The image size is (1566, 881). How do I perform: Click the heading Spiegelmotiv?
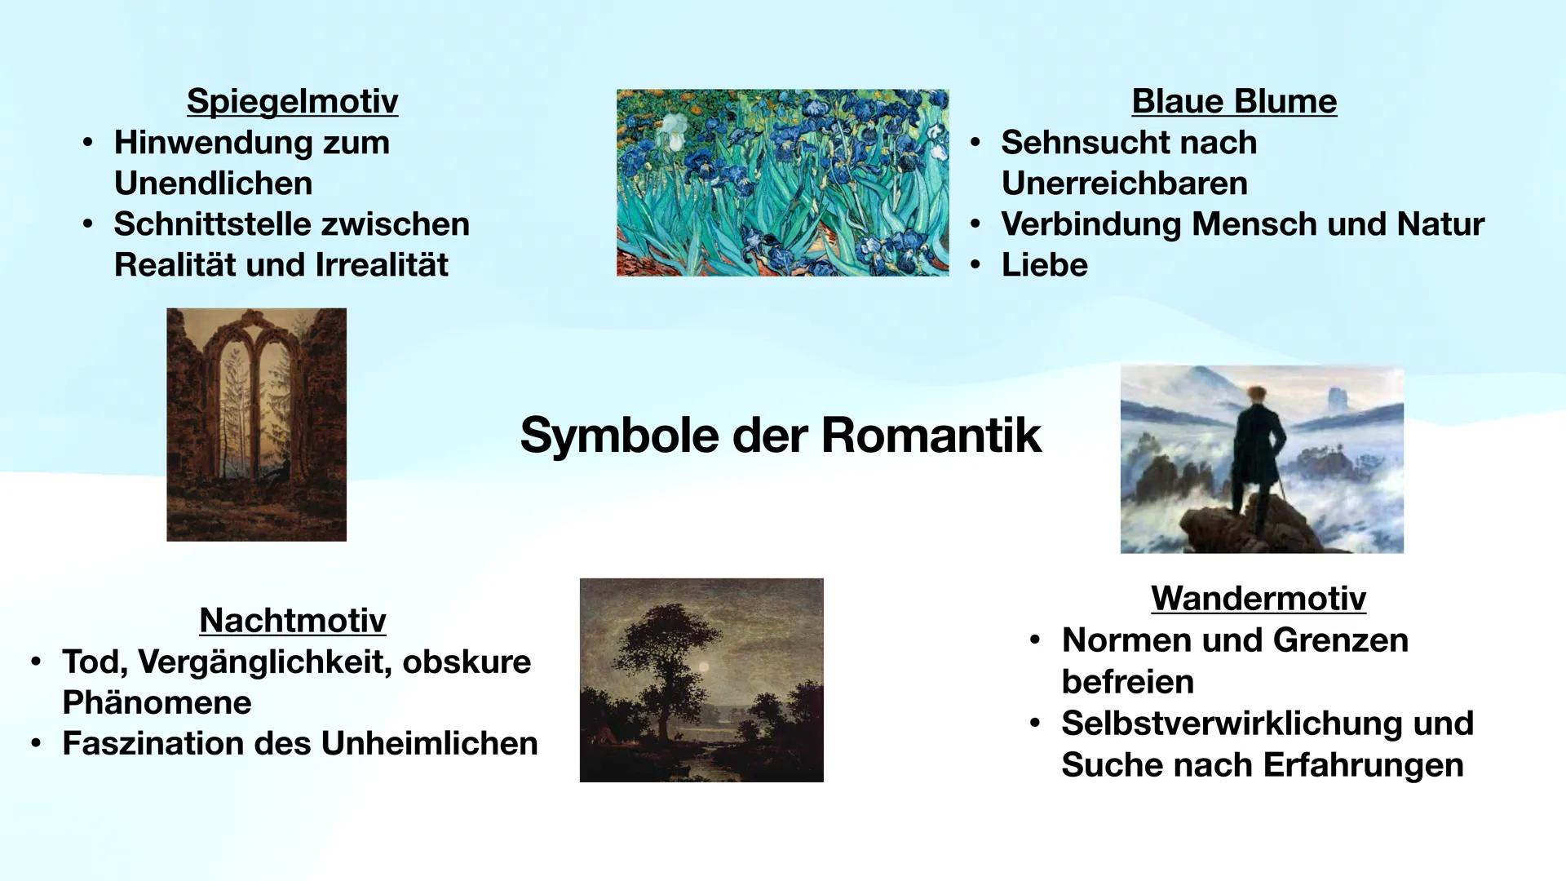click(x=292, y=101)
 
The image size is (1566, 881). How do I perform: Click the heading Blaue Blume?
click(x=1233, y=101)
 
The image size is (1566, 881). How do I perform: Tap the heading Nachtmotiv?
click(x=292, y=620)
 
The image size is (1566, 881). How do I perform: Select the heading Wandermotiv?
click(x=1258, y=598)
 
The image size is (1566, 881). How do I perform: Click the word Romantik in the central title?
click(x=931, y=435)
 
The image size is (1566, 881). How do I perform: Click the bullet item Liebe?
click(x=1044, y=265)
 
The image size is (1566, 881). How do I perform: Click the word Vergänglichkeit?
click(x=264, y=662)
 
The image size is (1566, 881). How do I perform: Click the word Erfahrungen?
click(x=1363, y=765)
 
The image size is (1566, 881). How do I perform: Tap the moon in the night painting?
click(x=704, y=666)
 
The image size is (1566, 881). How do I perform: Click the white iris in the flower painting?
click(x=674, y=131)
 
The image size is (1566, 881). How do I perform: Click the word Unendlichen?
click(x=213, y=184)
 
